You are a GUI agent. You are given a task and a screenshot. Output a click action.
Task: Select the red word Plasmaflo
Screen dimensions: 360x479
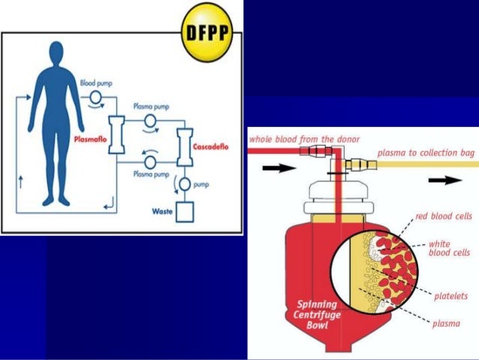[x=92, y=139]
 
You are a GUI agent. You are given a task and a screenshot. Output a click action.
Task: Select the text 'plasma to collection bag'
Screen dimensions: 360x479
[x=424, y=153]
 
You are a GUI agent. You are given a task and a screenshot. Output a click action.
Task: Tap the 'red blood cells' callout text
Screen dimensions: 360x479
[x=443, y=216]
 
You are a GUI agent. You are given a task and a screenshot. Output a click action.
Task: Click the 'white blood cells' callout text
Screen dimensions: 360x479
[x=449, y=248]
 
